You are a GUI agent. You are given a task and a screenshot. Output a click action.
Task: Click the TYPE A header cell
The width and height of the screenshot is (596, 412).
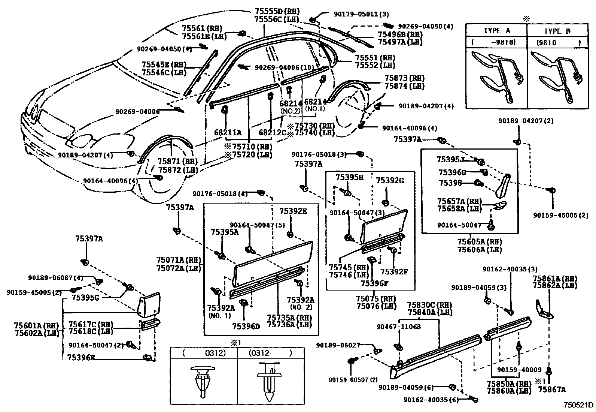[496, 31]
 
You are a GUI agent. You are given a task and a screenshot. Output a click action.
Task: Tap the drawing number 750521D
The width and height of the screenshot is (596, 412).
[579, 405]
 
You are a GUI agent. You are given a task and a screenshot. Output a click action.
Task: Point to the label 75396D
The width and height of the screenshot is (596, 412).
[246, 326]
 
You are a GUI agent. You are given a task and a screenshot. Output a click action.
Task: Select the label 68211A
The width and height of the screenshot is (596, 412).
[228, 132]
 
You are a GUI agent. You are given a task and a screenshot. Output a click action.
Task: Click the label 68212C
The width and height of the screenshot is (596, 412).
[272, 132]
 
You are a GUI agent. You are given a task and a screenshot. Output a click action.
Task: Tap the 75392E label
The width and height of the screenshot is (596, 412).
[293, 211]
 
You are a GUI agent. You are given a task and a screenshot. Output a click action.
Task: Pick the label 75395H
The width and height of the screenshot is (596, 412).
[349, 177]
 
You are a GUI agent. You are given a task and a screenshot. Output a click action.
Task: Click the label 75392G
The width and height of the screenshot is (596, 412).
[390, 181]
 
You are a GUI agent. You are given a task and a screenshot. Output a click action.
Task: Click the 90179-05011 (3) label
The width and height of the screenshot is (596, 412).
[361, 14]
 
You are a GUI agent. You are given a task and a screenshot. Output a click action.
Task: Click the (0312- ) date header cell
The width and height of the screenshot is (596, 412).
[270, 353]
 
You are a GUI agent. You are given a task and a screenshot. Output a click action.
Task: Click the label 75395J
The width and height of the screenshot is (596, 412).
[450, 160]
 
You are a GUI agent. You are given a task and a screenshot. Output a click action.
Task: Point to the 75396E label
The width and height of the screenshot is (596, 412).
[81, 357]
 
